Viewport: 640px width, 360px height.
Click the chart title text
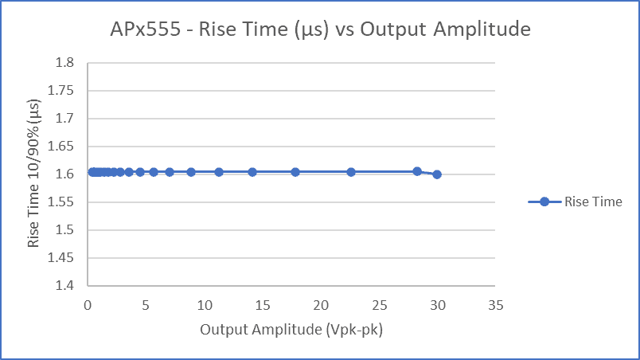coord(320,30)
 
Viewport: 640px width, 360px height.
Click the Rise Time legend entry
coord(575,202)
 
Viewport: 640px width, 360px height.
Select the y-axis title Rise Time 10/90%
coord(34,174)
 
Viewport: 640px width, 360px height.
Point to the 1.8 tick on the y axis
coord(64,63)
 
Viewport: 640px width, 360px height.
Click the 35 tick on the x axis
coord(496,305)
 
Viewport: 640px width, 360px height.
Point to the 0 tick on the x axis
coord(88,305)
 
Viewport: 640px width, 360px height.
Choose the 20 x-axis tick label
coord(321,305)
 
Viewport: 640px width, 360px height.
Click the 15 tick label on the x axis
coord(263,305)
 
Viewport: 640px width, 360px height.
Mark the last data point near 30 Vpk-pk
coord(437,174)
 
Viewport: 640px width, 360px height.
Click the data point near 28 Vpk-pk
coord(417,171)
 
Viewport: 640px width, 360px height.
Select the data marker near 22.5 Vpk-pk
coord(351,172)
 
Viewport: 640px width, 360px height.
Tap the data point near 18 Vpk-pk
coord(295,172)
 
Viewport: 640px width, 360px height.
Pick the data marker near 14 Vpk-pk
coord(252,172)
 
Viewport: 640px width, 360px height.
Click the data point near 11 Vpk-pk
coord(219,172)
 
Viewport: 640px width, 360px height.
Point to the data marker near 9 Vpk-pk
coord(191,172)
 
